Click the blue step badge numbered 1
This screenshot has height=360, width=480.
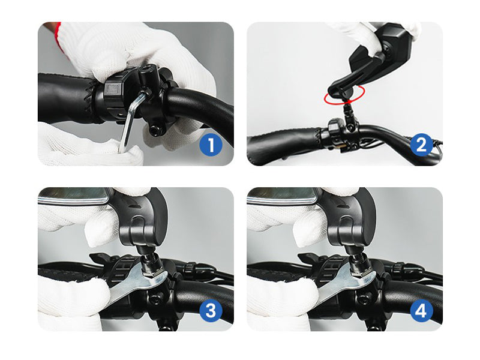pos(211,145)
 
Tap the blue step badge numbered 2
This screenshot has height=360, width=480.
pos(421,145)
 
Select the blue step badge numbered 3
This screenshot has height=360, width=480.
pos(211,310)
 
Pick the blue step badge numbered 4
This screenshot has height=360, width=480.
pos(421,310)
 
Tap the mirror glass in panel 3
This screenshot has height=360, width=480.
pos(73,195)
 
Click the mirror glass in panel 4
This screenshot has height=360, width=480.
pos(281,195)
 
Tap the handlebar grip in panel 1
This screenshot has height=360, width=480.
pos(66,98)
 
